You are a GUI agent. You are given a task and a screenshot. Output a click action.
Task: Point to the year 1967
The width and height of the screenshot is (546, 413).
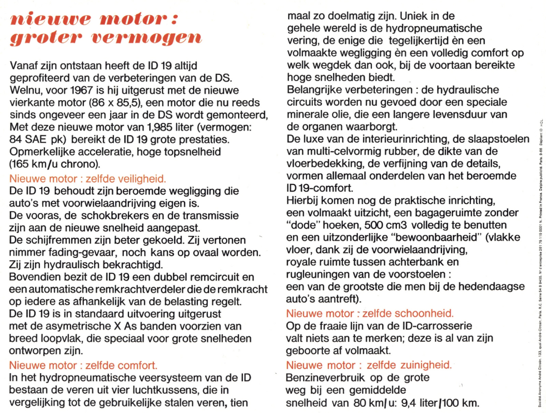pos(82,90)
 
